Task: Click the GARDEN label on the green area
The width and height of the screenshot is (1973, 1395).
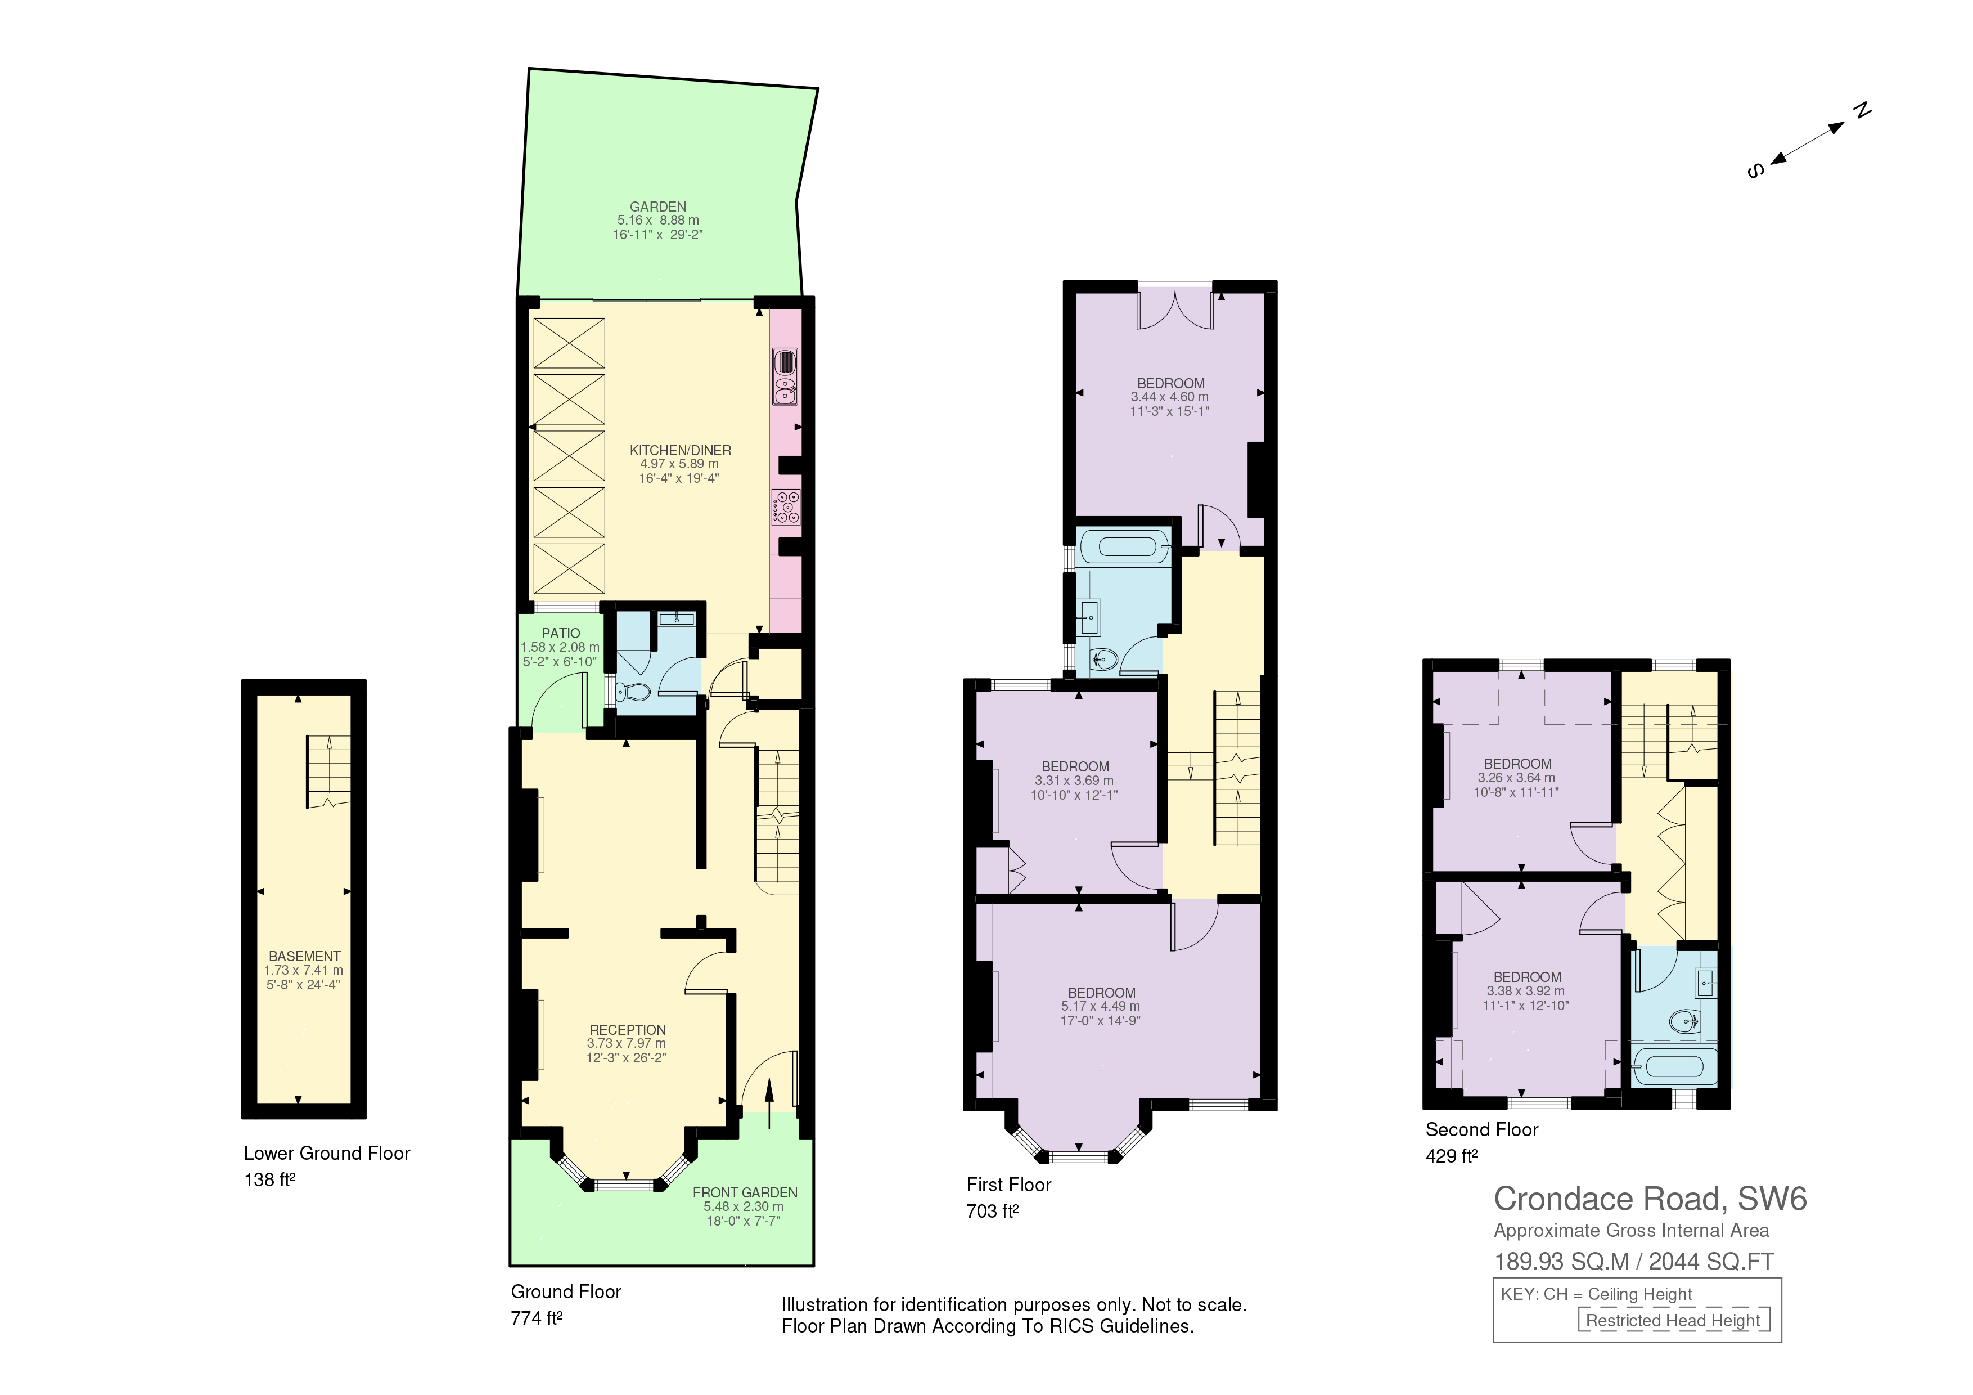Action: tap(657, 207)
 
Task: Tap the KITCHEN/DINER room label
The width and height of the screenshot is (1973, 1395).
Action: tap(681, 450)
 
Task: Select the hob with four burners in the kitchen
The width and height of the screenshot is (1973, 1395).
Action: tap(786, 507)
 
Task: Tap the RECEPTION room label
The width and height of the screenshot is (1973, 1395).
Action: tap(627, 1030)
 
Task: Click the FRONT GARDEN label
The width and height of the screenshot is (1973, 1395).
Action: tap(745, 1192)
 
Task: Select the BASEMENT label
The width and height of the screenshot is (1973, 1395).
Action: tap(304, 956)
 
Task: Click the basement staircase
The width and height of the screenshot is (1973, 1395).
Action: tap(328, 772)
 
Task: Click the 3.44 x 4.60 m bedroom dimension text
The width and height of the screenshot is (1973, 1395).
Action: tap(1169, 397)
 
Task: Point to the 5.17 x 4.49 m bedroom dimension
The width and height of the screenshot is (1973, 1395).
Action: tap(1101, 1007)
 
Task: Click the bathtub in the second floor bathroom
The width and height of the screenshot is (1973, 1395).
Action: tap(1673, 1067)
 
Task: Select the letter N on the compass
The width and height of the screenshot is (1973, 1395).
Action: tap(1861, 111)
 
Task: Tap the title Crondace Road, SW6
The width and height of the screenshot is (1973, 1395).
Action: tap(1650, 1199)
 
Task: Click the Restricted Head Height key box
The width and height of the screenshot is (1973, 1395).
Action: tap(1674, 1320)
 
